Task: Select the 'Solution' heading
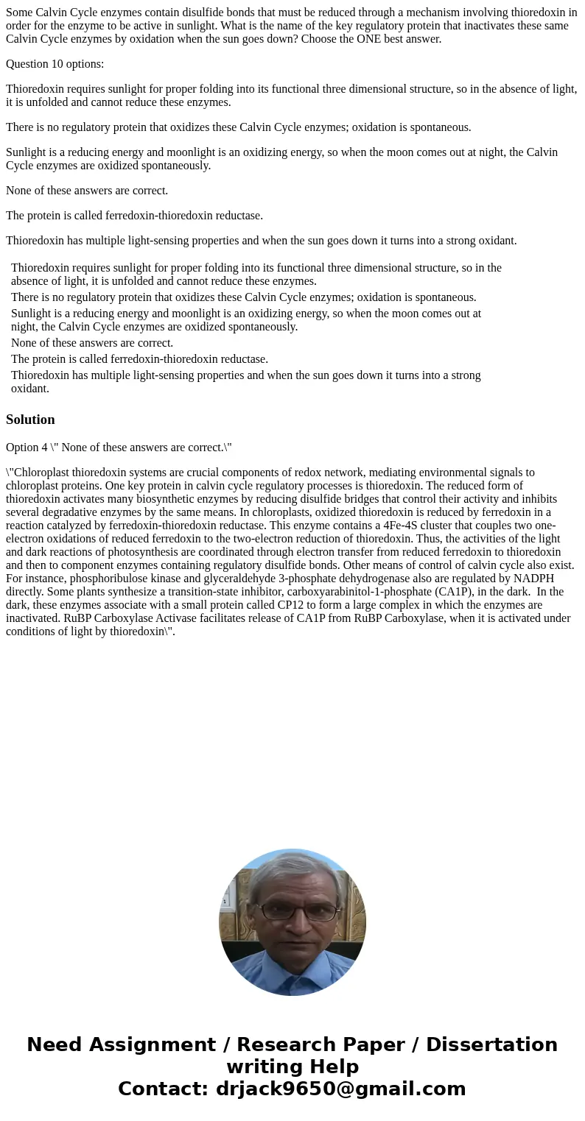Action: point(30,420)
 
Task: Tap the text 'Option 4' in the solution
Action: point(27,448)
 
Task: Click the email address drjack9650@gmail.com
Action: point(341,1089)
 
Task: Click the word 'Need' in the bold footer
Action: point(55,1044)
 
